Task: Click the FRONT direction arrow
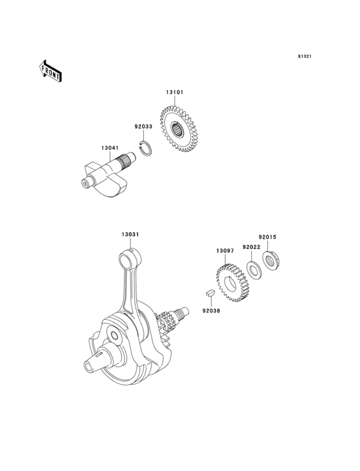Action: pos(50,71)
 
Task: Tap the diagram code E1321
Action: pos(305,56)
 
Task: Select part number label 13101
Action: pos(175,92)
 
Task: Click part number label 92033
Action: pos(143,127)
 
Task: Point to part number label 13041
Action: pos(110,148)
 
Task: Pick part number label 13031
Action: pos(130,234)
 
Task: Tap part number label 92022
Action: pos(251,247)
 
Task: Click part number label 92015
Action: pos(267,237)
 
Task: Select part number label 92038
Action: pos(211,311)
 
